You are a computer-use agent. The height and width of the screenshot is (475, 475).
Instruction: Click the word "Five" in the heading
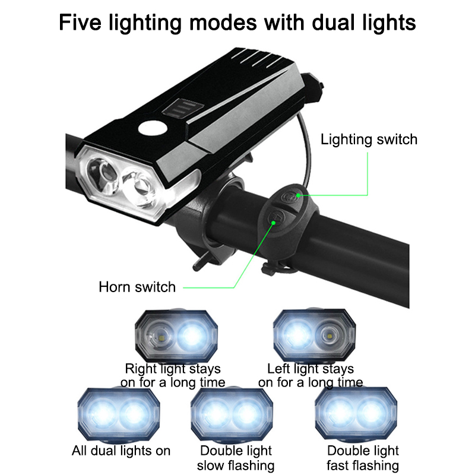coord(80,23)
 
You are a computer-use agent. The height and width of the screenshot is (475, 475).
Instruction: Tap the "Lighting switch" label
coord(369,140)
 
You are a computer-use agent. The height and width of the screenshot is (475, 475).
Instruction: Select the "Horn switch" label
coord(137,287)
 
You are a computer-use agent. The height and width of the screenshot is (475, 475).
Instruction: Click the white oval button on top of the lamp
coord(153,128)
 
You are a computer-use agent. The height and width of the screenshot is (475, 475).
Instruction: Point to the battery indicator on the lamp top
coord(183,109)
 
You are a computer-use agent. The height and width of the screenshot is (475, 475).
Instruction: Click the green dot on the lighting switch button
coord(298,195)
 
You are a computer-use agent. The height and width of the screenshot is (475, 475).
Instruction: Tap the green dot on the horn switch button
coord(273,223)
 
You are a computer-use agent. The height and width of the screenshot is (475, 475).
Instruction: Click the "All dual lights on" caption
coord(121,451)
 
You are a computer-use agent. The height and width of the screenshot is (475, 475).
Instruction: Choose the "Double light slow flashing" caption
coord(236,458)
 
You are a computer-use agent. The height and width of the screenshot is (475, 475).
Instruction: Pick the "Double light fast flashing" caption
coord(363,458)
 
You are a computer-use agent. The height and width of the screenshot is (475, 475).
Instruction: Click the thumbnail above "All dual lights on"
coord(119,414)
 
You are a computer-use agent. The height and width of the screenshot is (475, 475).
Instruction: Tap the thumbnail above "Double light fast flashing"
coord(356,413)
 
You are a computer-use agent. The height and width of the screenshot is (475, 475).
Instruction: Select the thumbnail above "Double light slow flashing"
coord(232,414)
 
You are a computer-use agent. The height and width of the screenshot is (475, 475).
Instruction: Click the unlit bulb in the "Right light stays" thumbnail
coord(160,336)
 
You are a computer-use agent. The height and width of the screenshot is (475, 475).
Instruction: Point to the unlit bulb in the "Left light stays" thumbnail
coord(328,335)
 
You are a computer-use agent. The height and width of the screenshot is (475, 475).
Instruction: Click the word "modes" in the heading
coord(223,23)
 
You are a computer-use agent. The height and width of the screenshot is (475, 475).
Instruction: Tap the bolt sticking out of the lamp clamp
coord(201,263)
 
